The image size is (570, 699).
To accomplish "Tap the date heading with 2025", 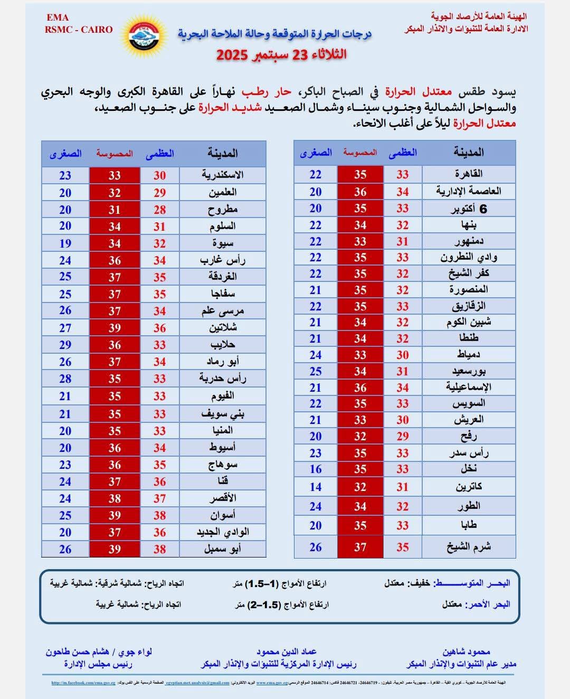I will click(281, 54).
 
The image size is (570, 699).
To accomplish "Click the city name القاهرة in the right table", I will click(469, 174).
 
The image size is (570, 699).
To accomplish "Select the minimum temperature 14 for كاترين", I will click(316, 487).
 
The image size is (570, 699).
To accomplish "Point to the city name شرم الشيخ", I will click(469, 547).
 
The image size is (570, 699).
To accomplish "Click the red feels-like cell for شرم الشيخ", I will click(360, 547).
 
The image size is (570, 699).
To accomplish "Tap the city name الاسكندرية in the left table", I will click(222, 175).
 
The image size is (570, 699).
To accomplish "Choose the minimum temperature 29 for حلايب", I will click(65, 345).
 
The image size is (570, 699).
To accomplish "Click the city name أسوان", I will click(222, 515).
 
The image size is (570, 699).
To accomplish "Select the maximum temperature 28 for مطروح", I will click(159, 210).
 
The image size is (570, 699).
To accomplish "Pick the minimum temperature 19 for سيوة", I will click(65, 243).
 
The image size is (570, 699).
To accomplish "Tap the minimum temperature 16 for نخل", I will click(316, 469).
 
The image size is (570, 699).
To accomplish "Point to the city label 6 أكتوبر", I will click(469, 209).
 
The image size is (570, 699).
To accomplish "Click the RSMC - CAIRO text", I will click(79, 30).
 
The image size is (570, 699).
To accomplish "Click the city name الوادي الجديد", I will click(222, 532).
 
